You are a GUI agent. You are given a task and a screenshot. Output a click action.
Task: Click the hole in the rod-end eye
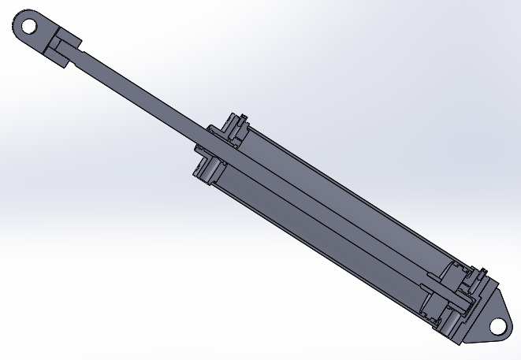click(29, 26)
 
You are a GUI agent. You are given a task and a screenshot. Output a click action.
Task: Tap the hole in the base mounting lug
click(497, 324)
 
